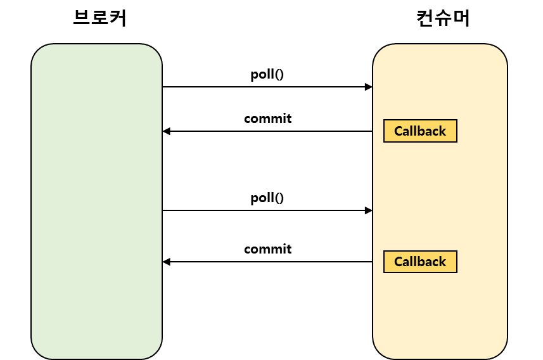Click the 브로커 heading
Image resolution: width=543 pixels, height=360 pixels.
point(99,18)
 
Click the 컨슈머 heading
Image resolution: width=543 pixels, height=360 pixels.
point(443,18)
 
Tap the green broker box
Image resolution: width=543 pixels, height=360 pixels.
point(96,202)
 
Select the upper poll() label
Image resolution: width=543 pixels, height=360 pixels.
point(267,75)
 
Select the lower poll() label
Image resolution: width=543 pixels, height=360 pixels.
point(267,198)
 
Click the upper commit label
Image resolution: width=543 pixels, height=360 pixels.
point(267,119)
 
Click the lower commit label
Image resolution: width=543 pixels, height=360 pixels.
point(267,249)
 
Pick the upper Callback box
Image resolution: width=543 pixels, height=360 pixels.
point(420,131)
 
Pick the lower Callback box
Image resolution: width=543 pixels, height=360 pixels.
point(420,262)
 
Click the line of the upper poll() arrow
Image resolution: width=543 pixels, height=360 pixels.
point(267,87)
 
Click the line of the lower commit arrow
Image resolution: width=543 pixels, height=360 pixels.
point(267,262)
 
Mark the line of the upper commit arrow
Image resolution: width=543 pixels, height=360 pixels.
point(267,131)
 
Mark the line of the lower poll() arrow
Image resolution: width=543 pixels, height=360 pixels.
point(267,210)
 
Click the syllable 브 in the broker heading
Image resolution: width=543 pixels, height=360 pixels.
point(82,18)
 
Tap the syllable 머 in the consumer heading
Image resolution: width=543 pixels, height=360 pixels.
point(461,18)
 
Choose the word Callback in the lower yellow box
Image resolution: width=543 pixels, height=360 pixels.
point(420,262)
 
